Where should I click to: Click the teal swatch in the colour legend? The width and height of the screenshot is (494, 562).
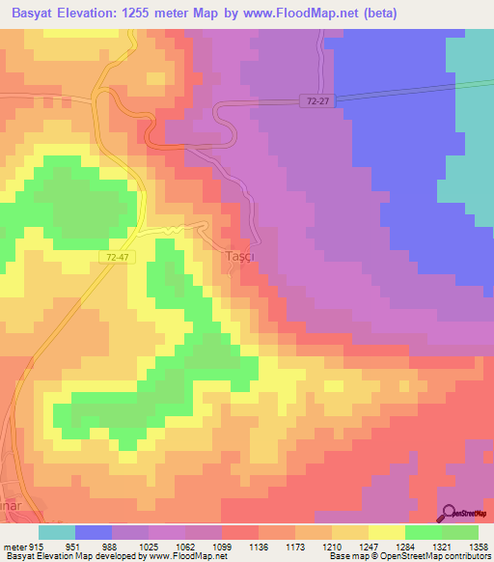[57, 532]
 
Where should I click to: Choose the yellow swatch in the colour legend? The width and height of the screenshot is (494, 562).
[387, 532]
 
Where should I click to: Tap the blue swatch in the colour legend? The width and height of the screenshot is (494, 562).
[94, 532]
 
